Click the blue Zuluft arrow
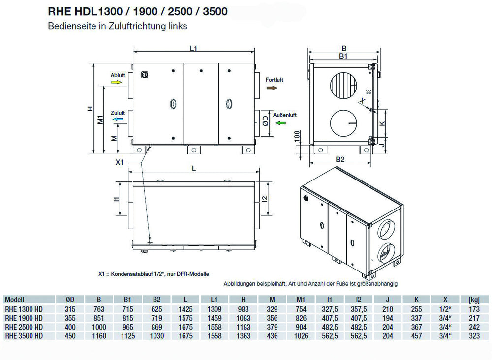pyautogui.click(x=117, y=120)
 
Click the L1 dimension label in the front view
pyautogui.click(x=193, y=48)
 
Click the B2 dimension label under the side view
pyautogui.click(x=340, y=159)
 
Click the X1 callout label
pyautogui.click(x=119, y=162)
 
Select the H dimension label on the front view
pyautogui.click(x=90, y=109)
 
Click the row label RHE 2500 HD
pyautogui.click(x=23, y=327)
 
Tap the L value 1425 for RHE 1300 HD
pyautogui.click(x=185, y=308)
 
